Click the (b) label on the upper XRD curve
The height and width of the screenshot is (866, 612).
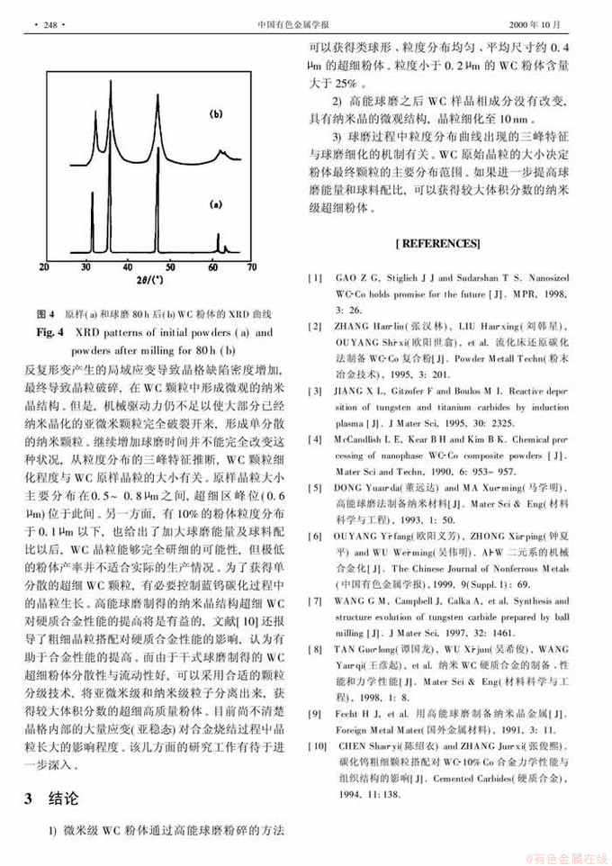215,115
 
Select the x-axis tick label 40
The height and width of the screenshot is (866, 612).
130,267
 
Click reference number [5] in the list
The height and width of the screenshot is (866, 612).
316,488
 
